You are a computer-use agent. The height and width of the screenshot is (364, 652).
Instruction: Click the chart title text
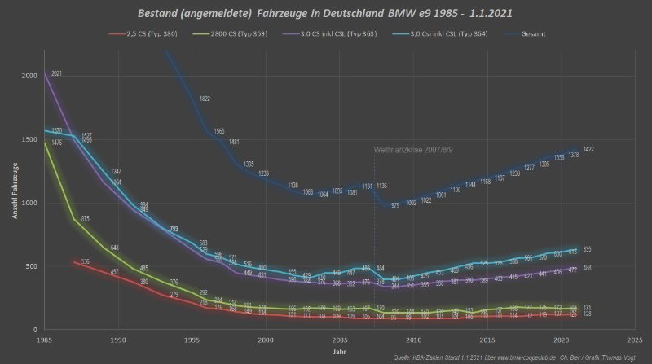(326, 14)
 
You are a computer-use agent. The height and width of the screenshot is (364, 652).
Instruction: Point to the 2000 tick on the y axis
(30, 76)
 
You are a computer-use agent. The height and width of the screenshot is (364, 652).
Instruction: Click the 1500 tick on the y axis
(30, 139)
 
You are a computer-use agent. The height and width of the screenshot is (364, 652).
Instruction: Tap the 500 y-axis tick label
(31, 266)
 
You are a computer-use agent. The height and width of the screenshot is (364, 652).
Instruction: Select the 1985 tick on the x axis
(44, 339)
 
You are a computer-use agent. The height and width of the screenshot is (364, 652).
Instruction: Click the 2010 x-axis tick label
(413, 339)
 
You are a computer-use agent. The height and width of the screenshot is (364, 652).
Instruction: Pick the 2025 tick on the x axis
(635, 339)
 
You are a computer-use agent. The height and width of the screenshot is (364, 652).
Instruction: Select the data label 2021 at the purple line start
(56, 74)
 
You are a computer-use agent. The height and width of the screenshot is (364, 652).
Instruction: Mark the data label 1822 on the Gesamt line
(205, 99)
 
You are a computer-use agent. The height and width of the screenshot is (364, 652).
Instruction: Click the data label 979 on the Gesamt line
(394, 205)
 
